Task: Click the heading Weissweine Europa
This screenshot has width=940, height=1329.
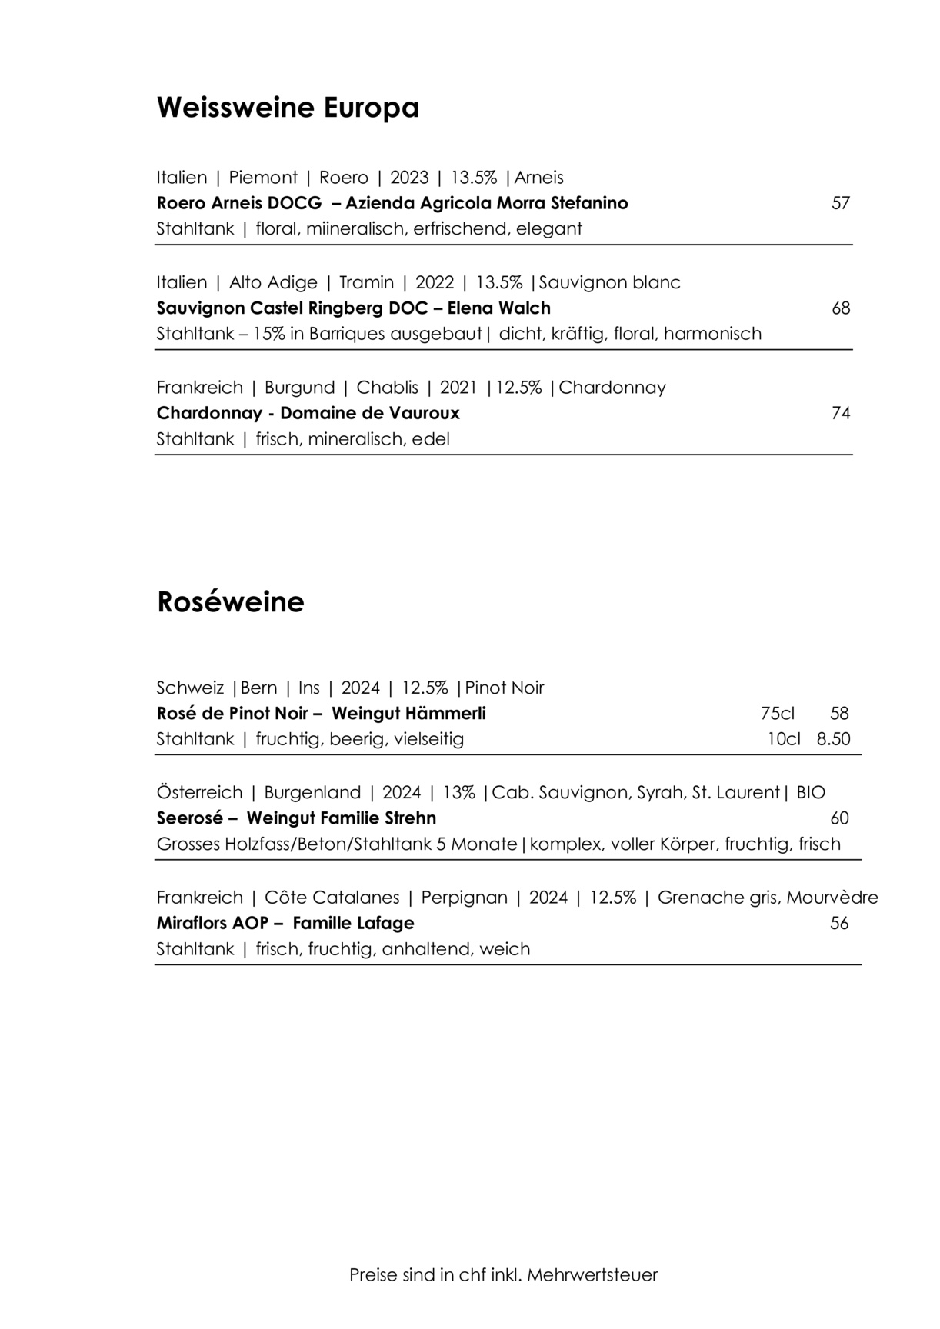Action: coord(288,108)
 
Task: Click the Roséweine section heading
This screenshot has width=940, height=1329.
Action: coord(230,601)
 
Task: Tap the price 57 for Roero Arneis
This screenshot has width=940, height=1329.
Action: coord(841,203)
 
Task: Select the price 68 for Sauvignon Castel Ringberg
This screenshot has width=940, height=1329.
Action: coord(841,308)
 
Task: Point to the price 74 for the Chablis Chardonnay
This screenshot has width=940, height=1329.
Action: coord(841,414)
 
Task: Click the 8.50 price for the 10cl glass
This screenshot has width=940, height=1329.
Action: coord(833,739)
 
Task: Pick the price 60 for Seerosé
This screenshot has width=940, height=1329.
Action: coord(839,818)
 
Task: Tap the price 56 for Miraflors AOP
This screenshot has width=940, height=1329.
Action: coord(839,923)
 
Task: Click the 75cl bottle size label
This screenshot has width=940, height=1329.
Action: coord(777,714)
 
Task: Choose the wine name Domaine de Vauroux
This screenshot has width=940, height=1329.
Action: coord(369,414)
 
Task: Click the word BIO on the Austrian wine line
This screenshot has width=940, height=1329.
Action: coord(811,793)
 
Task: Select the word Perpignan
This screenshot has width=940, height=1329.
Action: coord(464,898)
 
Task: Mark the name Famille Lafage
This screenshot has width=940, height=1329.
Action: coord(353,923)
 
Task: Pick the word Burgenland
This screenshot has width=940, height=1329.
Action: coord(312,793)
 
